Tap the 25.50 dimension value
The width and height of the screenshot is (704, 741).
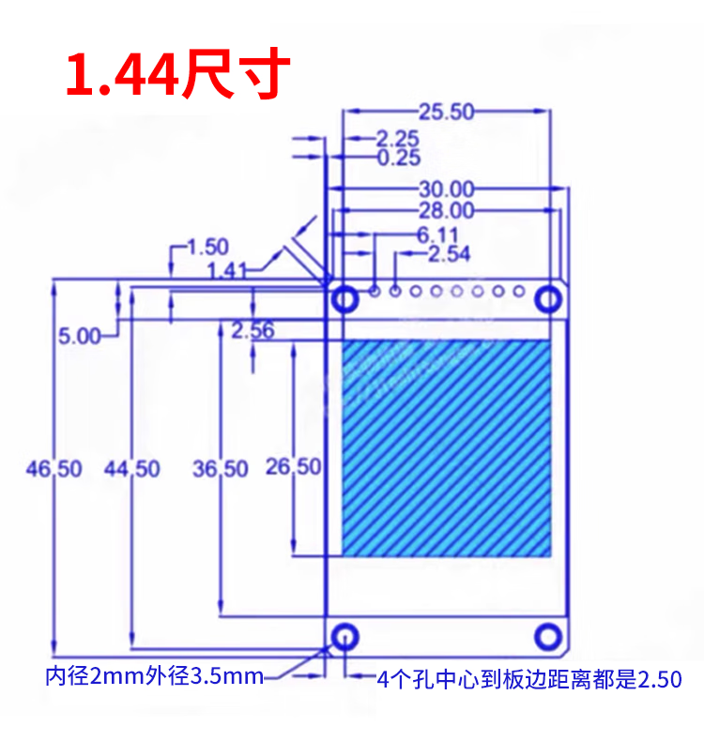446,112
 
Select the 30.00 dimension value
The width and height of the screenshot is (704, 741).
446,189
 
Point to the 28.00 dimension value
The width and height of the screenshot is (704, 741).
446,210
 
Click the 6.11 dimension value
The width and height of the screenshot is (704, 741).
437,234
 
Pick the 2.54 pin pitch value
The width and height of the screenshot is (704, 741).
450,254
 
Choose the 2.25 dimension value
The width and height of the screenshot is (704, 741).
398,139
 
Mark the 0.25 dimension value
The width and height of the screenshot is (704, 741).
399,158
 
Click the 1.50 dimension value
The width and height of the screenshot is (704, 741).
208,247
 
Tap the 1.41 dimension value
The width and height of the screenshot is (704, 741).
227,271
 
